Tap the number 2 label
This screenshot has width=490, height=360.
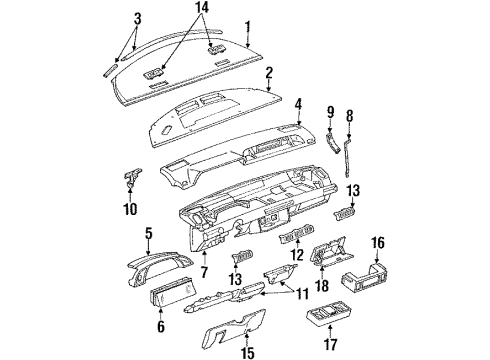[x=269, y=73]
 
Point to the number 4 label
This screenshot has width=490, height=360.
[x=298, y=102]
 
